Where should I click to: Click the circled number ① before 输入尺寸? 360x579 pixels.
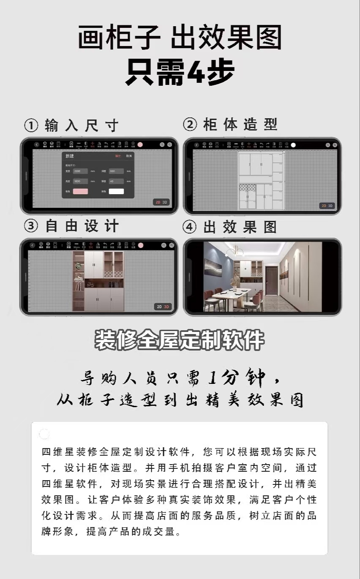click(x=31, y=125)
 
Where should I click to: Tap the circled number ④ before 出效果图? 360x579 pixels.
click(x=190, y=227)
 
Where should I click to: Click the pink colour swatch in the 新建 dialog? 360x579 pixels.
click(x=80, y=191)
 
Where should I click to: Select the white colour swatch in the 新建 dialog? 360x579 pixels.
click(x=116, y=191)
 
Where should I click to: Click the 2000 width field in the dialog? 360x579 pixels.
click(x=80, y=171)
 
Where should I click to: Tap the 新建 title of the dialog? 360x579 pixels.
click(x=69, y=156)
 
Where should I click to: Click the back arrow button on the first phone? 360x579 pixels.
click(x=37, y=144)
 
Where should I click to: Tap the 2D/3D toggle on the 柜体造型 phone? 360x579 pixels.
click(x=327, y=206)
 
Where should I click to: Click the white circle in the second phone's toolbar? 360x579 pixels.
click(x=293, y=145)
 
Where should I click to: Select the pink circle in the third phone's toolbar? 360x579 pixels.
click(x=140, y=245)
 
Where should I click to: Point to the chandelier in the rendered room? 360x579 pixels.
click(x=234, y=253)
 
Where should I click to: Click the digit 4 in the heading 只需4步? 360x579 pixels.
click(x=196, y=73)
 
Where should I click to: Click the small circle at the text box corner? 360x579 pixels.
click(x=44, y=434)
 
